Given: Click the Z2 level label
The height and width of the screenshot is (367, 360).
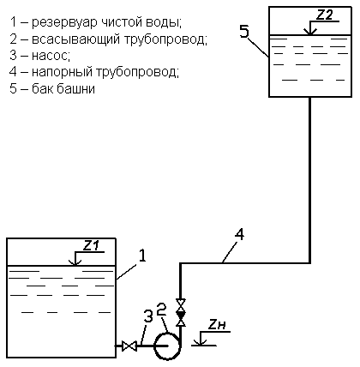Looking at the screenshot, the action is [x=324, y=15].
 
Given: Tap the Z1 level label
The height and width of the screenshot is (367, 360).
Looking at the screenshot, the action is [x=91, y=246].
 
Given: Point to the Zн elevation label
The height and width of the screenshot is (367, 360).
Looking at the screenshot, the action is [x=216, y=325].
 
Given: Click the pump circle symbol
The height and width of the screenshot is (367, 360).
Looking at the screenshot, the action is [x=167, y=346].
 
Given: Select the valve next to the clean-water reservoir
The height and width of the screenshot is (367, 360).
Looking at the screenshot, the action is [x=129, y=346].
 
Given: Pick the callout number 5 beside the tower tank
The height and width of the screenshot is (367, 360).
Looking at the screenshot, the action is [x=244, y=31].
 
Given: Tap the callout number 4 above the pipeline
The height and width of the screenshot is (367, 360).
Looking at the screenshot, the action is [x=239, y=235].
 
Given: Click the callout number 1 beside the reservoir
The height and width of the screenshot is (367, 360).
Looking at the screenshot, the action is [x=142, y=256].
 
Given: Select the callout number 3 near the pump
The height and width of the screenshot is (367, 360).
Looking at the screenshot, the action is [x=148, y=316].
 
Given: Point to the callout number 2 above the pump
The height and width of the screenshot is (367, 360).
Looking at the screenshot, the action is [x=161, y=309].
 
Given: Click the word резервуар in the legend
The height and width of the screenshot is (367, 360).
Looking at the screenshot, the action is [x=64, y=23].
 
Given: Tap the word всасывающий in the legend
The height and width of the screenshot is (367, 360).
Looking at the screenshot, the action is [x=75, y=39].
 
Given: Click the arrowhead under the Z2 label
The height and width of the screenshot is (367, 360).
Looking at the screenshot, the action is [x=309, y=32].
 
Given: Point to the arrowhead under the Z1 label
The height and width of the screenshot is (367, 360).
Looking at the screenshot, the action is [x=75, y=262].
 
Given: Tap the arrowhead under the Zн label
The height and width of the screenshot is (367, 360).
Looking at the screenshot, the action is [x=201, y=342].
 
